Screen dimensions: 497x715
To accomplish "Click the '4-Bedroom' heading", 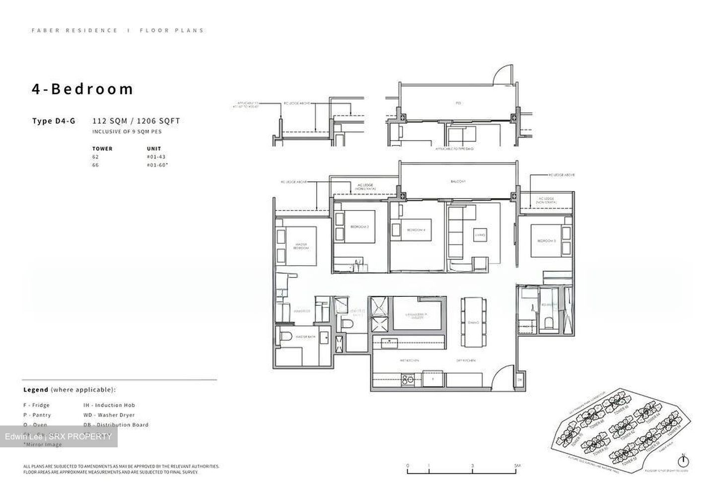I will pyautogui.click(x=82, y=89).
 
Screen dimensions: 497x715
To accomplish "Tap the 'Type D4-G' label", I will pyautogui.click(x=54, y=121).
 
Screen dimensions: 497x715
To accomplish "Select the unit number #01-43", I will pyautogui.click(x=156, y=157).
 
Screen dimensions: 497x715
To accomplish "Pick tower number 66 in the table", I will pyautogui.click(x=95, y=165).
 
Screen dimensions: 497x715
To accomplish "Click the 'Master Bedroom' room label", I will pyautogui.click(x=301, y=246).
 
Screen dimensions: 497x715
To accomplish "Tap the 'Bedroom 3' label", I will pyautogui.click(x=546, y=241).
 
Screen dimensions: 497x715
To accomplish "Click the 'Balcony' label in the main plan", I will pyautogui.click(x=458, y=182).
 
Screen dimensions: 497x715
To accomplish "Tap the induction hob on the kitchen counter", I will pyautogui.click(x=408, y=379).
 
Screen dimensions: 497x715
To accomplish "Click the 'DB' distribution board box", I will pyautogui.click(x=519, y=380).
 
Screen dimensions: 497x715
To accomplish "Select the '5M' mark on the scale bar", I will pyautogui.click(x=517, y=465).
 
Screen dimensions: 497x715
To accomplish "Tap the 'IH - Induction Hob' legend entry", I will pyautogui.click(x=109, y=405).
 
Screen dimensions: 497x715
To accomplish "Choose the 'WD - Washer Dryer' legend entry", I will pyautogui.click(x=109, y=415).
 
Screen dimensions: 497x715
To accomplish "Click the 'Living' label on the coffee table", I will pyautogui.click(x=479, y=235).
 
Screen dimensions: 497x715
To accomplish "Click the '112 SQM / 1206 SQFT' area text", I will pyautogui.click(x=136, y=121).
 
